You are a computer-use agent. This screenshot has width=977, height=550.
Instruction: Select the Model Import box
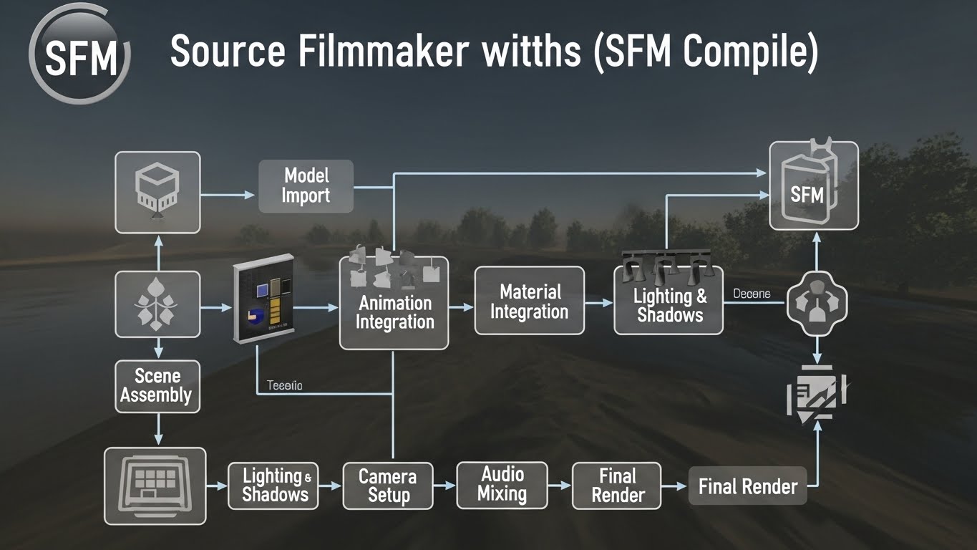coord(306,186)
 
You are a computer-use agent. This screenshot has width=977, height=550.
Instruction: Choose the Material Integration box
coord(529,301)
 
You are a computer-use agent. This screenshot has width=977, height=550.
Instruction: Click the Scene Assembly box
coord(156,386)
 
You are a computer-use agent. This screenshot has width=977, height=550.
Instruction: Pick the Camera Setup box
coord(388,486)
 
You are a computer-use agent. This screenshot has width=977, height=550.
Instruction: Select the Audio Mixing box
coord(502,485)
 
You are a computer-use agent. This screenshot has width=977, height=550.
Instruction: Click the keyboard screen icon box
coord(155,486)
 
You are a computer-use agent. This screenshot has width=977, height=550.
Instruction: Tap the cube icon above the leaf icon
coord(157,192)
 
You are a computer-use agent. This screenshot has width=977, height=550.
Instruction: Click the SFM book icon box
coord(813,186)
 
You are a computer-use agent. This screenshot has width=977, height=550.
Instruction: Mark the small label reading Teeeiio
coord(284,386)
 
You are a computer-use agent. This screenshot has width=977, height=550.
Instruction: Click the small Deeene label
coord(752,294)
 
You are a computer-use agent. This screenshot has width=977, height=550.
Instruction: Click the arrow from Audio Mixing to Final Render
coord(560,486)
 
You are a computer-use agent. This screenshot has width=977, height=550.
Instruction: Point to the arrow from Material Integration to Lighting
coord(599,303)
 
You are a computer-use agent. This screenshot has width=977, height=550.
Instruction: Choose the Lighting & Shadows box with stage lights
coord(669,299)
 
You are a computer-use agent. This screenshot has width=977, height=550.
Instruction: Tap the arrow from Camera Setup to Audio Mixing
coord(444,486)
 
